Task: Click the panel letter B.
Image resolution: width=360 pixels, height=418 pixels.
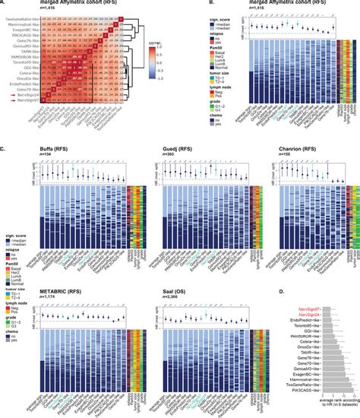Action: point(185,5)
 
